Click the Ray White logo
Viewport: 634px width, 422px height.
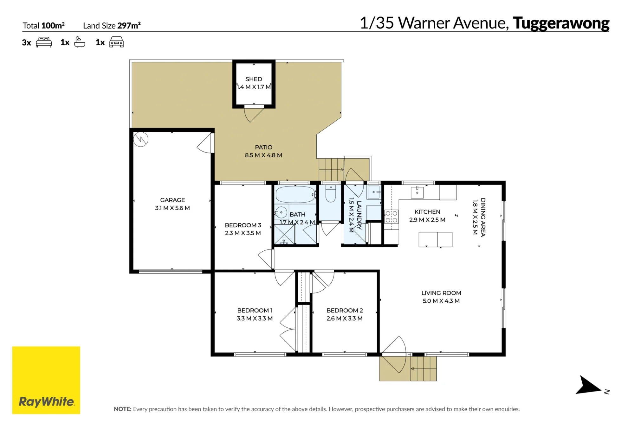coord(46,380)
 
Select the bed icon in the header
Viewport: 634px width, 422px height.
coord(44,42)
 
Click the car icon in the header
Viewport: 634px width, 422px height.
coord(116,42)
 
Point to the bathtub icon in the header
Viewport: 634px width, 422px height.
coord(80,42)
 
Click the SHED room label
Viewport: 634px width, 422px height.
coord(254,79)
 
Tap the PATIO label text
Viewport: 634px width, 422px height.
coord(263,147)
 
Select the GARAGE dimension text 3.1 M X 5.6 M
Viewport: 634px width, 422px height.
coord(172,208)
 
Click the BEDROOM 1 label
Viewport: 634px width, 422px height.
coord(255,311)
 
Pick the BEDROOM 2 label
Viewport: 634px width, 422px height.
coord(345,311)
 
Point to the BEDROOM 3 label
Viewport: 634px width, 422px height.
coord(243,225)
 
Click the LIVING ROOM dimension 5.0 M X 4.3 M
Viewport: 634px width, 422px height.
coord(441,301)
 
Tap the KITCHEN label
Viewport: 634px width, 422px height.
coord(427,212)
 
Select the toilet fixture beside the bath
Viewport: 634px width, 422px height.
coord(331,193)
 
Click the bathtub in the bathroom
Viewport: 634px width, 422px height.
coord(295,194)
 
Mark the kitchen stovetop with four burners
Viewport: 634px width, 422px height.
coord(391,217)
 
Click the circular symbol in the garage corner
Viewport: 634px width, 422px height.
coord(141,139)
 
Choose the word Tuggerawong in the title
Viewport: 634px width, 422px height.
coord(561,23)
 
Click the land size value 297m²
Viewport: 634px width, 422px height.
coord(129,25)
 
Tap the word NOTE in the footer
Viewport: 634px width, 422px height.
coord(122,409)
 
